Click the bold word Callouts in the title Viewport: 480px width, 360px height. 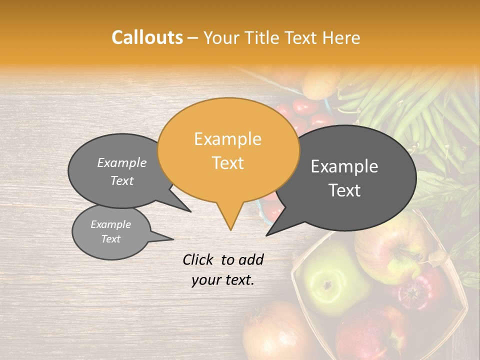click(x=147, y=37)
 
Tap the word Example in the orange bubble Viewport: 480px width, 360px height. click(x=227, y=139)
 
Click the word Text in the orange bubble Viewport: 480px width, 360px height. click(x=227, y=163)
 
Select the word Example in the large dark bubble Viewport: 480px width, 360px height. click(x=344, y=166)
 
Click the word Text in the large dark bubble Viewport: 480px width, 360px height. click(x=344, y=190)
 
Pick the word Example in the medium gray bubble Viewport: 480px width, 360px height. click(x=122, y=162)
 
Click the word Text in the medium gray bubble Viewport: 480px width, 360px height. click(x=122, y=180)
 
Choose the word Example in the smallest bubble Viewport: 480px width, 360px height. click(x=110, y=224)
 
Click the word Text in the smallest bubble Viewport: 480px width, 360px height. click(x=110, y=239)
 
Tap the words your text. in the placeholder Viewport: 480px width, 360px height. click(x=222, y=280)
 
